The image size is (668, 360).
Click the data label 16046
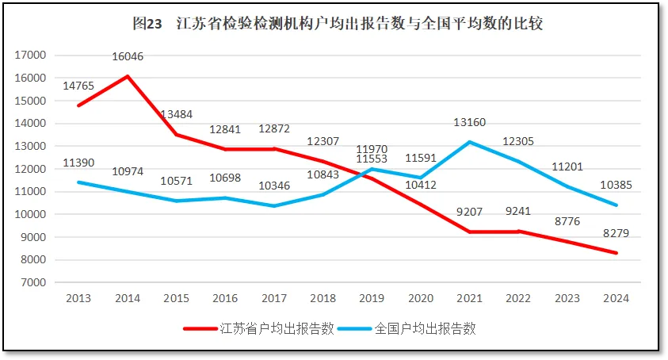pos(128,56)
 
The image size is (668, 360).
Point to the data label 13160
pos(470,122)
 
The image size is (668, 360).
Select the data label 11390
pos(79,163)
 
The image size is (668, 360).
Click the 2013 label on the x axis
pos(78,299)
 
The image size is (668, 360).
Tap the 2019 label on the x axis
pos(372,299)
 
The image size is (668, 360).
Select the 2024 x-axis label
pos(616,299)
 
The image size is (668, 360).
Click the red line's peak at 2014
pos(128,76)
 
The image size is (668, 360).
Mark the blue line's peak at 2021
pos(470,142)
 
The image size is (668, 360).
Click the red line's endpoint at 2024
pos(616,253)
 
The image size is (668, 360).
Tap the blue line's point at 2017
pos(274,206)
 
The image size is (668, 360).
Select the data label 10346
pos(275,186)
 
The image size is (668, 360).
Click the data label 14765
pos(79,86)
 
